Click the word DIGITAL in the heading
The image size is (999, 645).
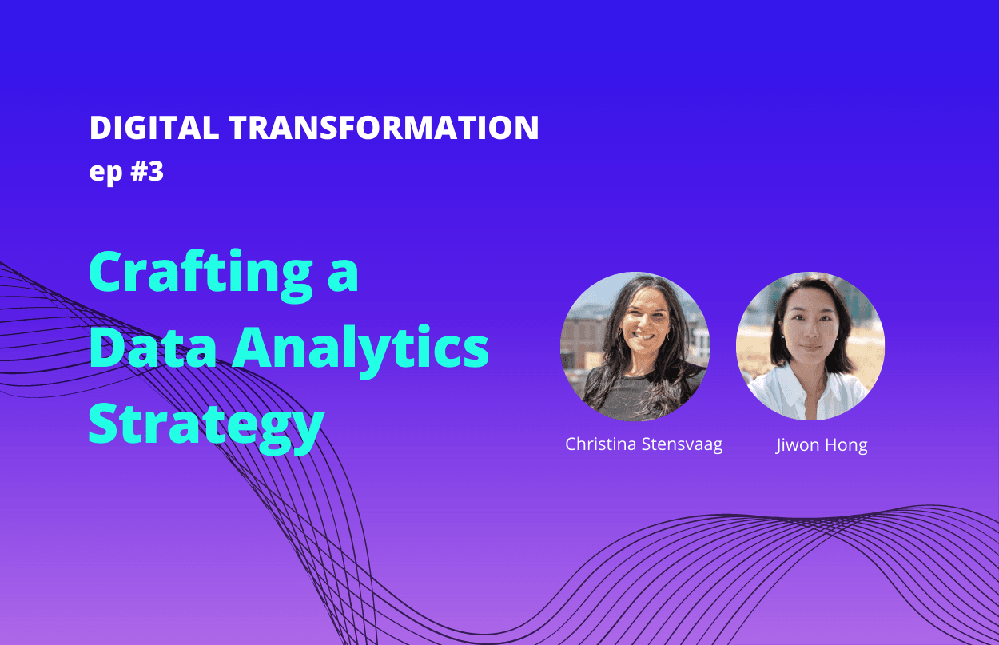click(x=154, y=128)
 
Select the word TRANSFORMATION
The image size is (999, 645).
click(x=384, y=128)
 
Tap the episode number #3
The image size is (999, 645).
click(x=147, y=171)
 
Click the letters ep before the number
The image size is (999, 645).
click(x=105, y=173)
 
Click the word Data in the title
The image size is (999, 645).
click(x=153, y=348)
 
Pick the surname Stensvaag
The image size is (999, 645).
click(x=682, y=445)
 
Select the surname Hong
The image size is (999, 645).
click(x=846, y=446)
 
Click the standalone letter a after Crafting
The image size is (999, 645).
click(x=343, y=276)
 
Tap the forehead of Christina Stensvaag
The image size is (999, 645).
click(x=645, y=300)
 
